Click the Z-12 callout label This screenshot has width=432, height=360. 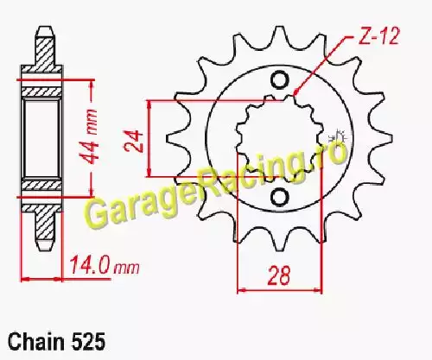pyautogui.click(x=378, y=36)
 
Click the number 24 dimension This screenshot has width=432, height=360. pyautogui.click(x=134, y=141)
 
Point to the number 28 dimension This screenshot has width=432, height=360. pyautogui.click(x=279, y=275)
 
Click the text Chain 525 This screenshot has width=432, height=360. pyautogui.click(x=56, y=342)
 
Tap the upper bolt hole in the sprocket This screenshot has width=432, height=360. pyautogui.click(x=279, y=80)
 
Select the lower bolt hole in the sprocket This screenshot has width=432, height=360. pyautogui.click(x=279, y=197)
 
